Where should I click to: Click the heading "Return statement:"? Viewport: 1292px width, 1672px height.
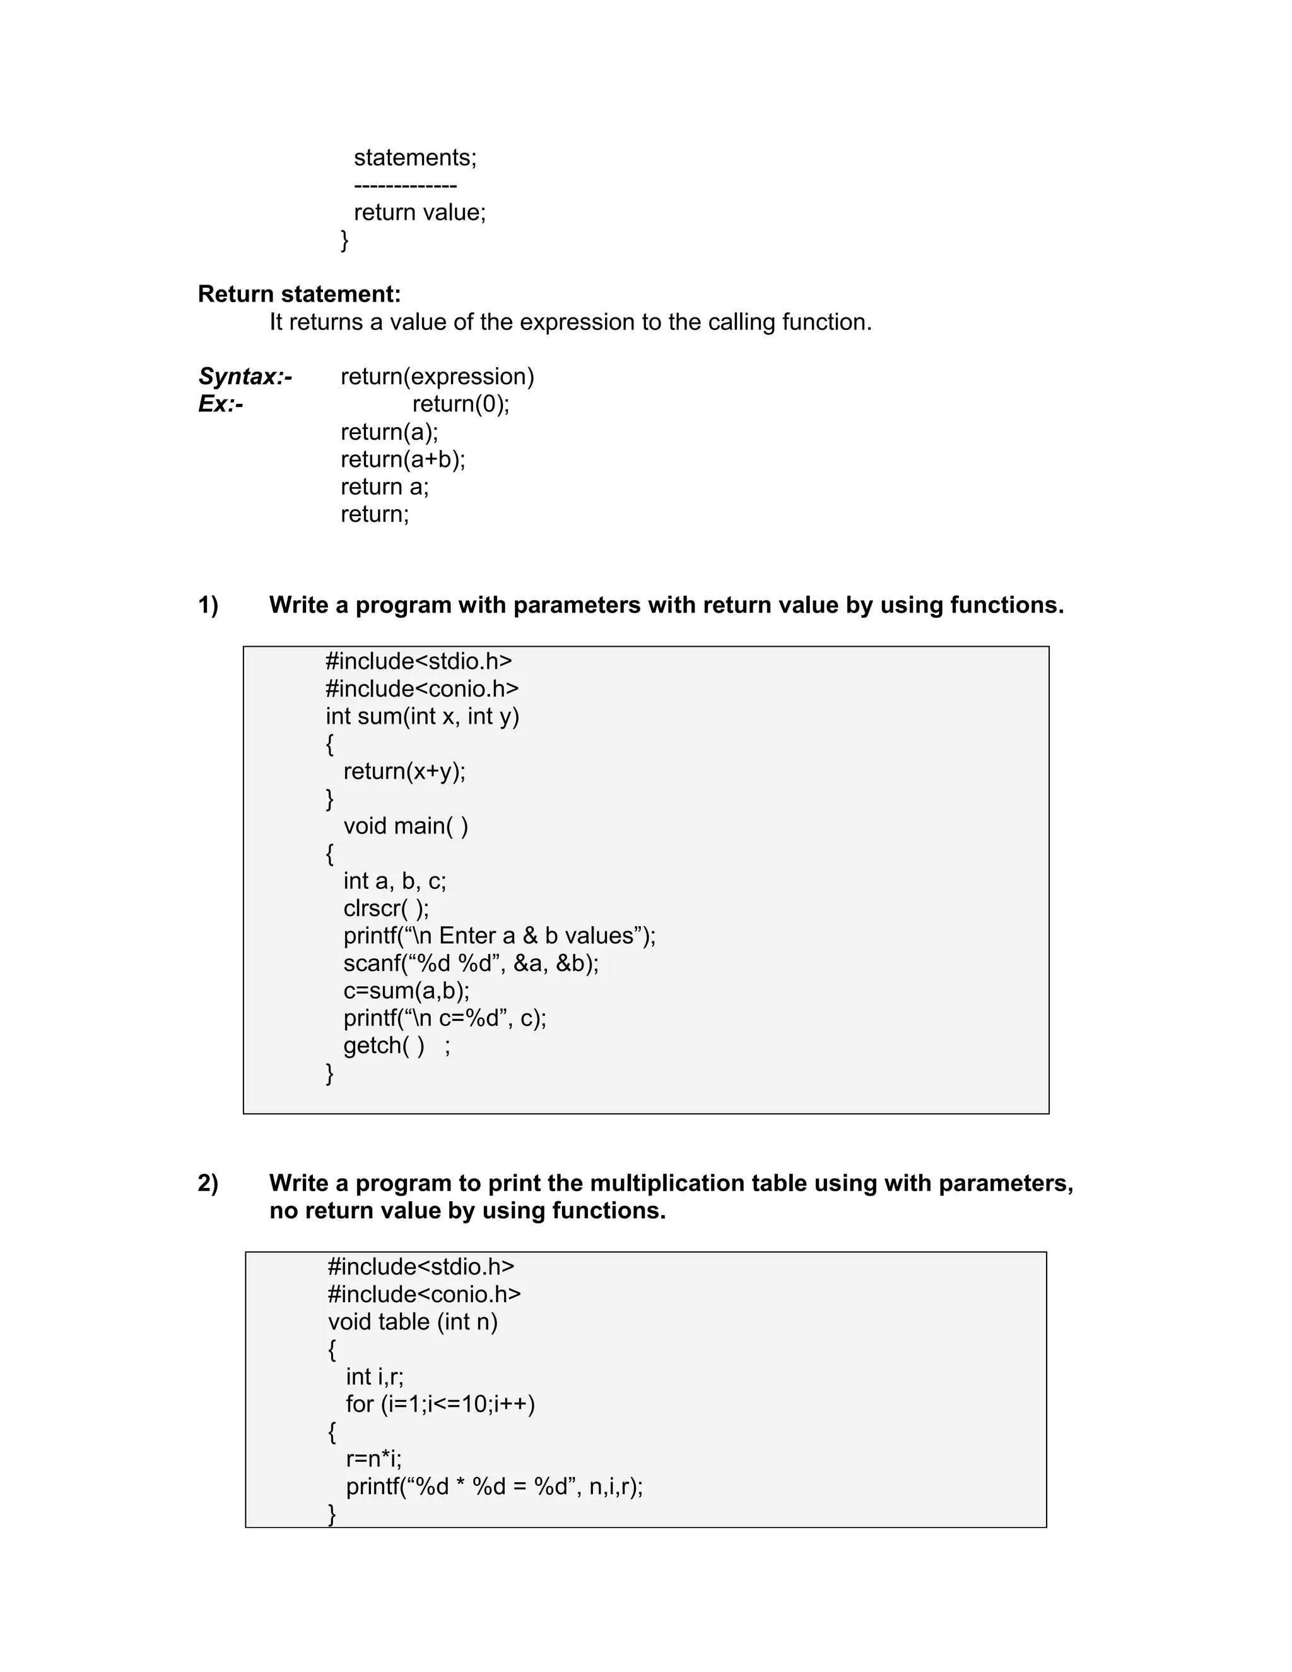(x=298, y=294)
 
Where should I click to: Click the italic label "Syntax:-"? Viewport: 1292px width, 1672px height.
(x=245, y=377)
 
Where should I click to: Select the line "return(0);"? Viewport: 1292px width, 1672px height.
(x=460, y=404)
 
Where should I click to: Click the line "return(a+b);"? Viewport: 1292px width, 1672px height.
(x=402, y=459)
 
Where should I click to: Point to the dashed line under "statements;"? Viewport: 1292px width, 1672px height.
(x=405, y=186)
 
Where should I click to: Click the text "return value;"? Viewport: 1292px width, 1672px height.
(x=420, y=212)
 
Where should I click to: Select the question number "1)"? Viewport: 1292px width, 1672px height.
(x=208, y=605)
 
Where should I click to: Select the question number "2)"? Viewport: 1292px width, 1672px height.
(x=208, y=1183)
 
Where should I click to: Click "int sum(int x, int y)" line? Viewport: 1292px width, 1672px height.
(x=423, y=717)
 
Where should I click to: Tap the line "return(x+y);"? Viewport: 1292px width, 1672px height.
(x=404, y=771)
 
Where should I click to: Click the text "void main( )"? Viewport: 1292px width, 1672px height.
(x=406, y=826)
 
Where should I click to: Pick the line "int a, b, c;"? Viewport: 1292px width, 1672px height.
(x=394, y=881)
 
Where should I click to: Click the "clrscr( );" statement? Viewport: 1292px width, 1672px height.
(x=385, y=909)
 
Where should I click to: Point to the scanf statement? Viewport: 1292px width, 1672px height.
(x=471, y=963)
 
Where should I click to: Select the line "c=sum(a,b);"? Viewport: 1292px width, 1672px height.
(x=406, y=991)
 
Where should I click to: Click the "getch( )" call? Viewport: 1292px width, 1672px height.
(x=384, y=1045)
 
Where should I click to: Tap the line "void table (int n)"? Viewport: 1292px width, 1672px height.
(x=413, y=1322)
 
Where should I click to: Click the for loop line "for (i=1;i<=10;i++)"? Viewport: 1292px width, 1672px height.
(x=440, y=1404)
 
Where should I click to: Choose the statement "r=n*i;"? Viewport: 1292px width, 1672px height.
(x=373, y=1459)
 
